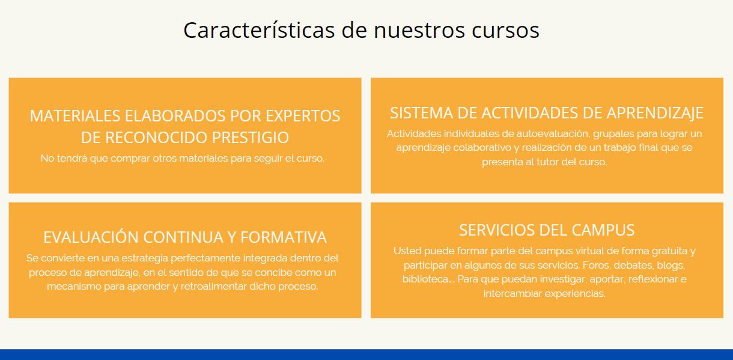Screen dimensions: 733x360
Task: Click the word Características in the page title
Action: point(259,30)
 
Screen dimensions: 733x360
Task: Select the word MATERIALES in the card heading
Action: point(75,116)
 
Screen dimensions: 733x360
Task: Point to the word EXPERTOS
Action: point(303,116)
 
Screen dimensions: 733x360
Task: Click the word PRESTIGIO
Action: point(251,138)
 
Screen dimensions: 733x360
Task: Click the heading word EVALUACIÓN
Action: point(91,237)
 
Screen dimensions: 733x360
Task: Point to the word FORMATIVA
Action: point(284,237)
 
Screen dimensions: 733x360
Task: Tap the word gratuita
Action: point(669,251)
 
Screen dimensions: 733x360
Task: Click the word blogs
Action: point(671,266)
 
